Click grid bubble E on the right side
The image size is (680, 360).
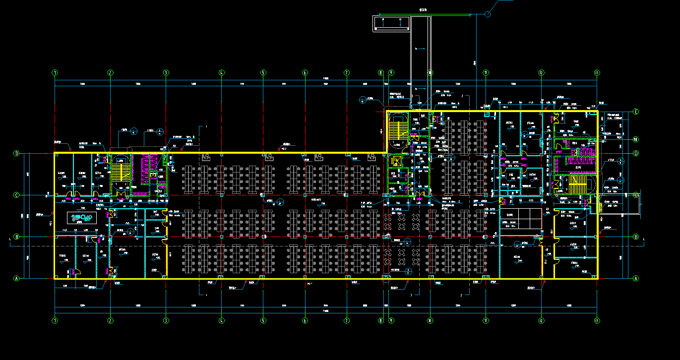(x=636, y=112)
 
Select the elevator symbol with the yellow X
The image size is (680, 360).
(x=397, y=161)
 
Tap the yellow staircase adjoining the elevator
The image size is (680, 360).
(x=397, y=130)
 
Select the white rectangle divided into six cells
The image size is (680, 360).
(x=520, y=218)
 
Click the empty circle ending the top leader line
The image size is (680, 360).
(x=488, y=14)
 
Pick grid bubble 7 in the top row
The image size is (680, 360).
(x=347, y=73)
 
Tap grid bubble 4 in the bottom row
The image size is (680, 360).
(x=222, y=320)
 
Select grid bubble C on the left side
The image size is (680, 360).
(x=16, y=195)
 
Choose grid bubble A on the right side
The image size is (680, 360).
(x=636, y=279)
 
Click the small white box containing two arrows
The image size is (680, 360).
(x=392, y=23)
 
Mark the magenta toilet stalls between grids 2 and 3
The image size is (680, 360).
(x=147, y=169)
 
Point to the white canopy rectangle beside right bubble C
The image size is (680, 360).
(x=619, y=204)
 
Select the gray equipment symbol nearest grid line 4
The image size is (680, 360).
(x=206, y=157)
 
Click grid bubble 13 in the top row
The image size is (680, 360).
(x=597, y=73)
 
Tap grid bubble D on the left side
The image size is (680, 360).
(x=16, y=154)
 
